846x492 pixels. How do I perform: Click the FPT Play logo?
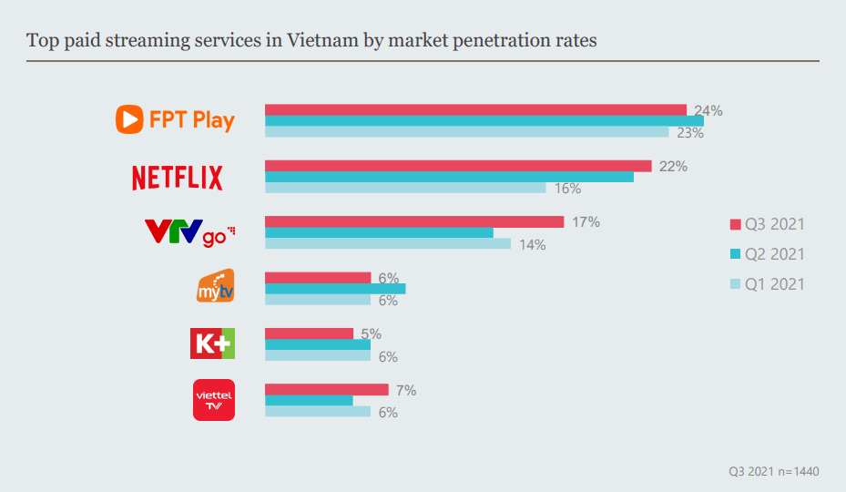pos(175,119)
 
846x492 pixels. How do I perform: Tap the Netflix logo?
pos(178,177)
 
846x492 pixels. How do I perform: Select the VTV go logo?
pos(190,232)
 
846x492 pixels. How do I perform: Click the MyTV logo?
pos(216,286)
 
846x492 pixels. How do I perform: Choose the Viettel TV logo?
pos(214,400)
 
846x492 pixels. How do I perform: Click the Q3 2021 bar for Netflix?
pos(458,166)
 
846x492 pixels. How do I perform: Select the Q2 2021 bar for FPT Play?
pos(484,121)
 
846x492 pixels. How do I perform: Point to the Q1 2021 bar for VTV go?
pos(387,243)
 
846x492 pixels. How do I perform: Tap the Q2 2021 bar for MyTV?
pos(335,289)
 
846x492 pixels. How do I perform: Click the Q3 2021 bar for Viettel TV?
pos(326,390)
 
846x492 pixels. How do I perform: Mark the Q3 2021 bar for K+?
pos(309,333)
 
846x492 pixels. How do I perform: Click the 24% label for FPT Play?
pos(708,111)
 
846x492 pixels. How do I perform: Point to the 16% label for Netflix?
pos(567,189)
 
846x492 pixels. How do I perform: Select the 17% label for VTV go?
pos(586,222)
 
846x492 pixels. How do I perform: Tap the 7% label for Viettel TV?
pos(406,391)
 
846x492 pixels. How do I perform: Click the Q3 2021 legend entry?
pos(768,224)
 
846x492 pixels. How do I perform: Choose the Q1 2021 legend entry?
pos(768,284)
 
